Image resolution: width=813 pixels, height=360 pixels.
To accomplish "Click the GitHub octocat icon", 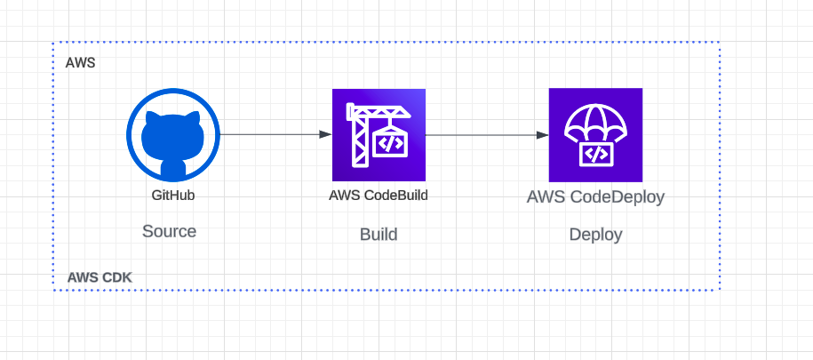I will pos(172,134).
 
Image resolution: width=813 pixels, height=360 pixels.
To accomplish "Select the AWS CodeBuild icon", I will pos(379,135).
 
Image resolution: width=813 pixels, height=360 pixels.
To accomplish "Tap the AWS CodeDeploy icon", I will pos(595,135).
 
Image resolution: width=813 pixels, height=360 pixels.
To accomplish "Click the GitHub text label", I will pos(172,194).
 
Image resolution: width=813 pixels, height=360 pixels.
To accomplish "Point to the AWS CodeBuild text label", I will pos(379,196).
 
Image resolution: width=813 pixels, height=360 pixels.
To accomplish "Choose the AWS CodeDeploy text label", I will pos(595,197).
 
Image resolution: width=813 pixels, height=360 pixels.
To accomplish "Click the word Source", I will pos(169,231).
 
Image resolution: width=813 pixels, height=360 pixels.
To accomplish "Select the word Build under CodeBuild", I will pos(379,235).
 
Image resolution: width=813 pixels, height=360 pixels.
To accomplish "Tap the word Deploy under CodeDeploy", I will pos(595,235).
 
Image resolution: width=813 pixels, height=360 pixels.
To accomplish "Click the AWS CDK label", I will pos(100,277).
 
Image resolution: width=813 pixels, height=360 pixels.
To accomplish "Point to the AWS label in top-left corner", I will pos(80,64).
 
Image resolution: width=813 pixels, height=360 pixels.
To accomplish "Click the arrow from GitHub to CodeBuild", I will pos(271,134).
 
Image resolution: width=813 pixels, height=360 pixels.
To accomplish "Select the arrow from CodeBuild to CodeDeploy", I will pos(484,135).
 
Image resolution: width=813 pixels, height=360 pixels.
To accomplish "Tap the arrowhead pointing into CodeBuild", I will pos(325,134).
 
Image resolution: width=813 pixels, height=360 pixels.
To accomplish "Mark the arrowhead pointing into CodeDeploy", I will pos(542,135).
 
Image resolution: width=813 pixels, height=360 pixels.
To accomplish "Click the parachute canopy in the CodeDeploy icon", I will pos(595,117).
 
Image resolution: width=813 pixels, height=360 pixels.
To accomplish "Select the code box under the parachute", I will pos(595,154).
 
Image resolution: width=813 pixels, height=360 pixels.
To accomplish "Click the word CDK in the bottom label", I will pos(115,277).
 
